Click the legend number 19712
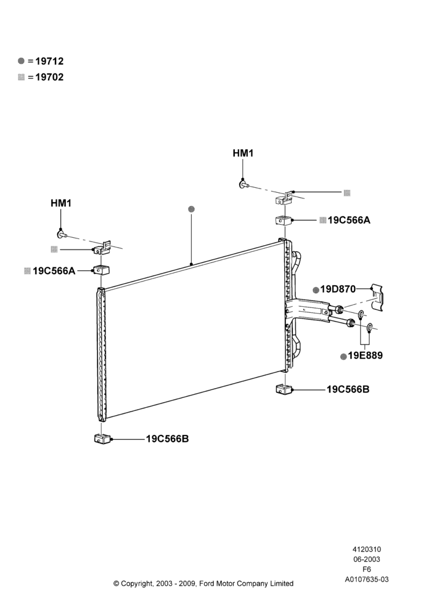[49, 61]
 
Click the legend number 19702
[49, 78]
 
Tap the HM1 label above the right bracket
[243, 153]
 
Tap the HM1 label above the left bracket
[61, 203]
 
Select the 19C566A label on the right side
[349, 220]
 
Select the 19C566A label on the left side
[54, 270]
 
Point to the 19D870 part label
[338, 290]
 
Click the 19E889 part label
[365, 355]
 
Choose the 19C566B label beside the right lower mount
[348, 390]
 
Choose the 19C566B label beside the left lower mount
[168, 439]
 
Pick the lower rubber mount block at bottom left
[102, 439]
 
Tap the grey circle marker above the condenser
[192, 209]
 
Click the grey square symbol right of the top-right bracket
[347, 193]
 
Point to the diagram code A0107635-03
[367, 580]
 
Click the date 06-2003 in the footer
[367, 559]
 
